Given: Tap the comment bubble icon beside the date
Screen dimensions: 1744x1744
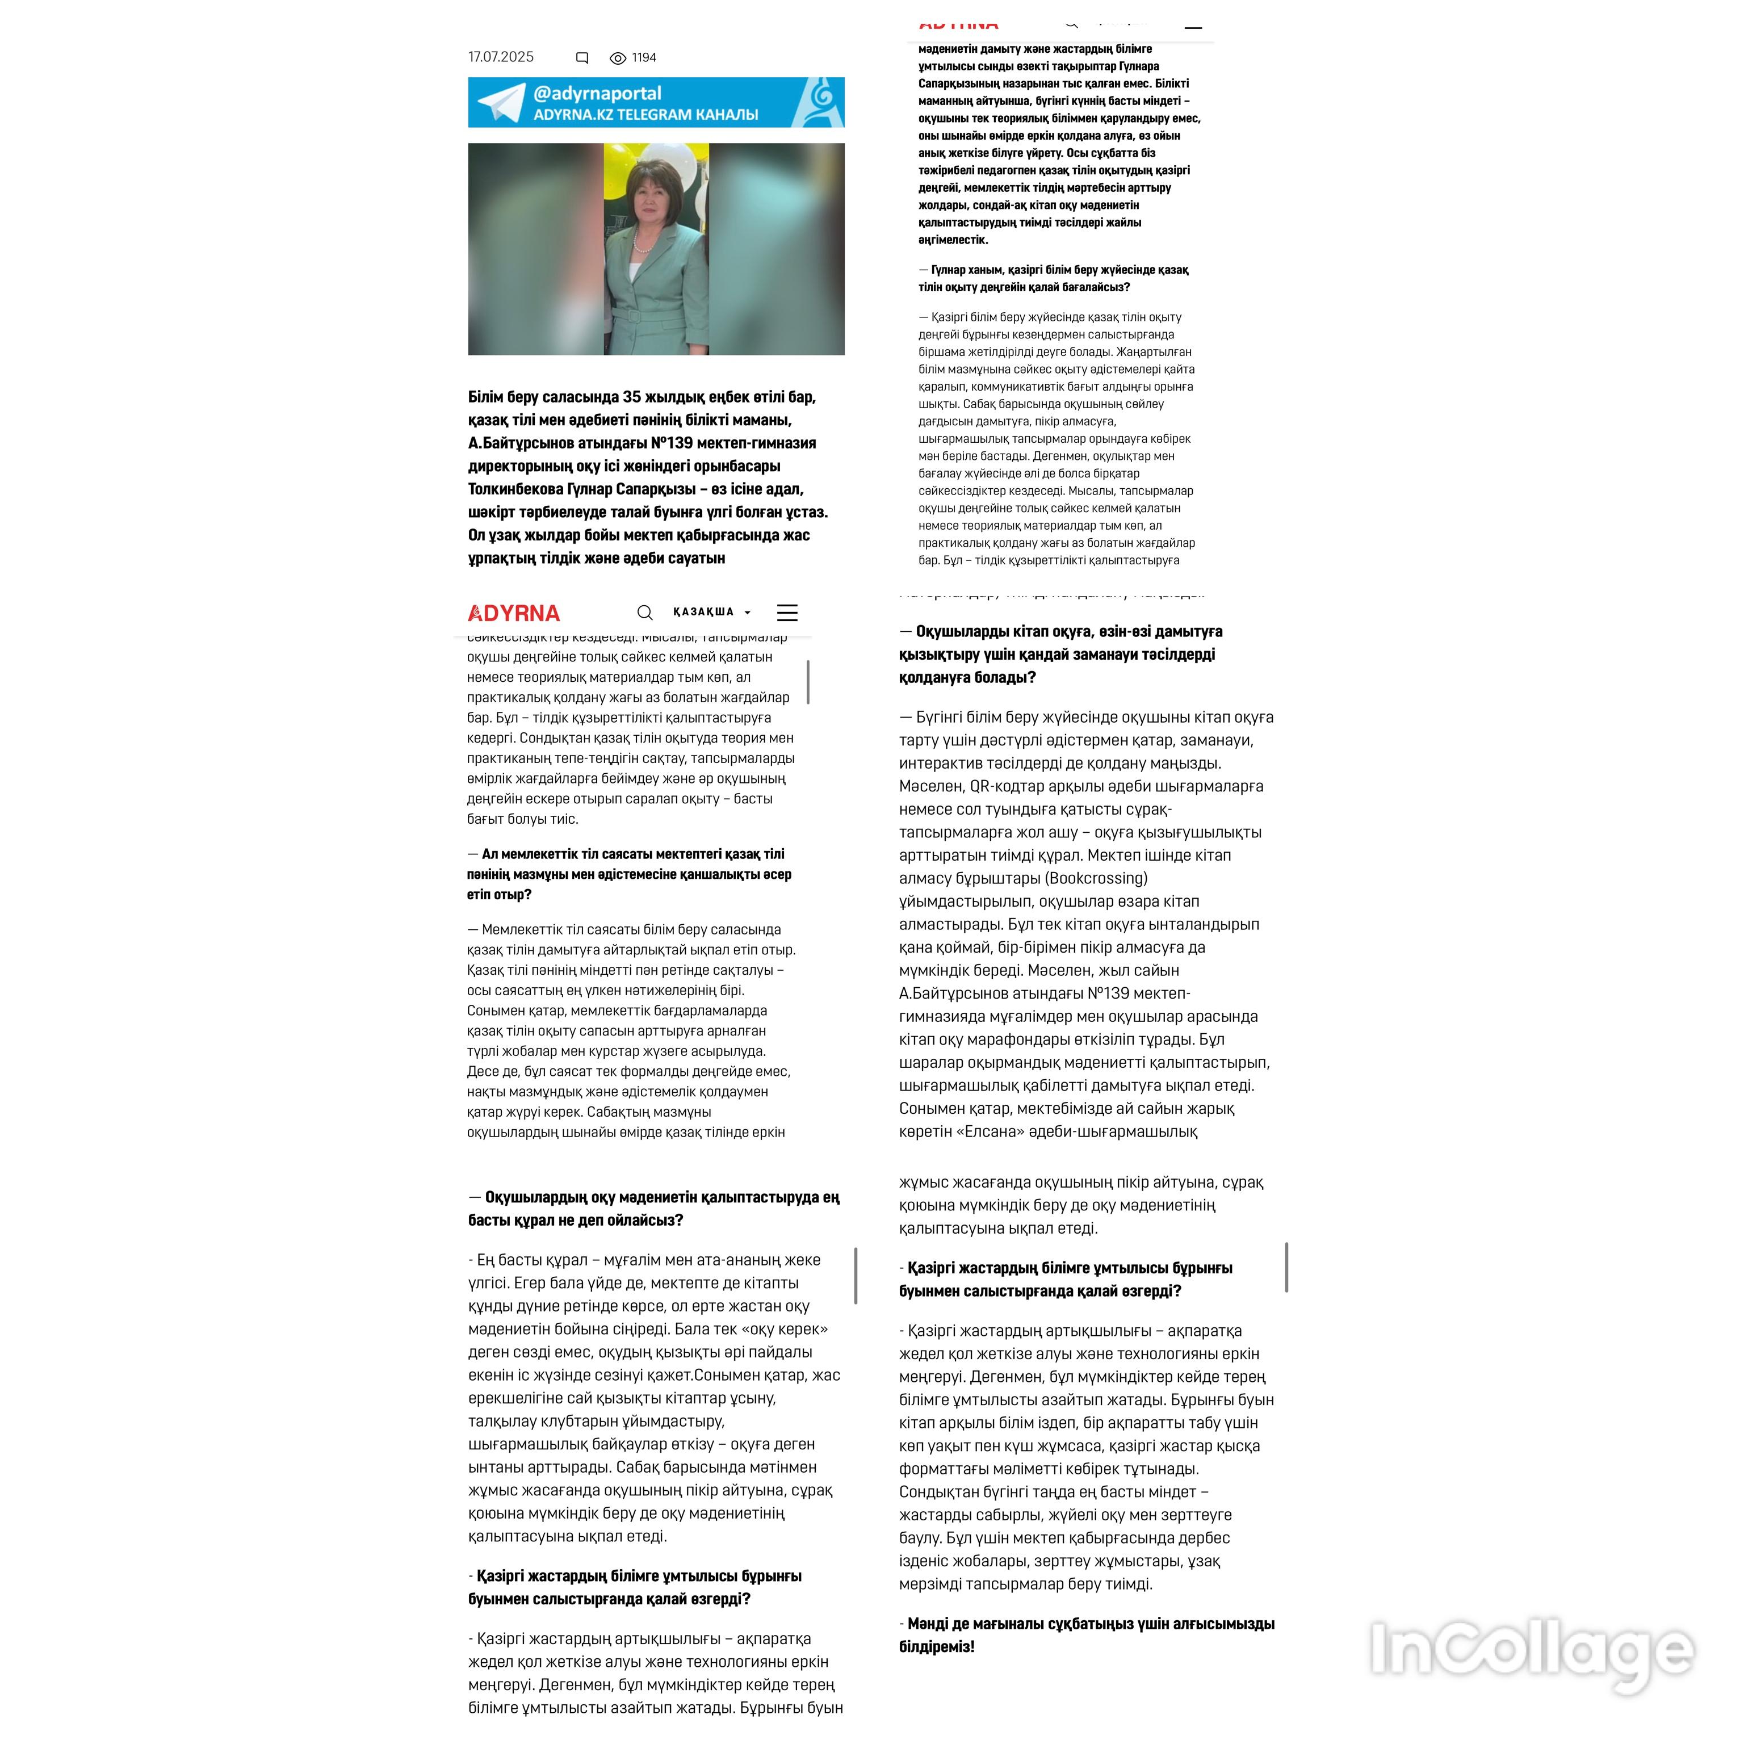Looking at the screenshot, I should pos(582,58).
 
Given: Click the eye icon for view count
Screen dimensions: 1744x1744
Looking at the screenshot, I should pos(618,58).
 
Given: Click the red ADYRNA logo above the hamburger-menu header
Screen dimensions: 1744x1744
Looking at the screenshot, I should pos(514,614).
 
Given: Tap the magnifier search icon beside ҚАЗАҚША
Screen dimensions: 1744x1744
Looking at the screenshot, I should pos(644,613).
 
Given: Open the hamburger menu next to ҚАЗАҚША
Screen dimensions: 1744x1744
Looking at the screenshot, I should pos(787,613).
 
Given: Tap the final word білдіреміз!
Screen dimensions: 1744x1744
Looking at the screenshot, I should pos(936,1646).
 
